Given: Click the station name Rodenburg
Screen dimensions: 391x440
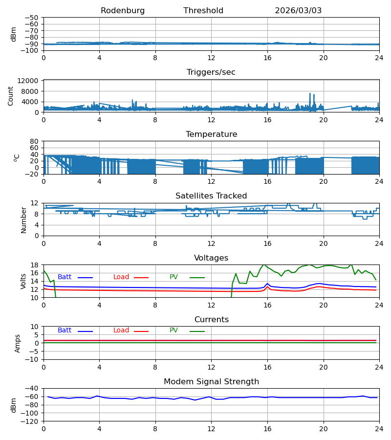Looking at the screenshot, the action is [123, 11].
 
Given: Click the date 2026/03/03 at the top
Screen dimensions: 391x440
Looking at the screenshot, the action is [298, 11].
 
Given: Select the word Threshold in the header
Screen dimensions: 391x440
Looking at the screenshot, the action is [203, 11].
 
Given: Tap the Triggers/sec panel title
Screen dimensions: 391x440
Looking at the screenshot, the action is [211, 72].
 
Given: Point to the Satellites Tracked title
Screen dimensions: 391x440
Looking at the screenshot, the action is [211, 196].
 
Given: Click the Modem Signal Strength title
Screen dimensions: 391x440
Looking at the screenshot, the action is [211, 382].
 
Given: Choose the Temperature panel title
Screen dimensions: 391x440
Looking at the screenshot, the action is [211, 134].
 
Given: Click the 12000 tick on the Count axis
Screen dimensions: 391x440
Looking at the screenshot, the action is [28, 81].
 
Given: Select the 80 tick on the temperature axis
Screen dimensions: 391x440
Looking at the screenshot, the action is [34, 141].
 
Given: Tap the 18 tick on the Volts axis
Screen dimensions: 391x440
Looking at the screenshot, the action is [34, 265].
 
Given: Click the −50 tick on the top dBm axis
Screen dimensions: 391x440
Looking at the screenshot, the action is [31, 18].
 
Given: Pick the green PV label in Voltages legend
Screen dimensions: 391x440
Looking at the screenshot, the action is [174, 277].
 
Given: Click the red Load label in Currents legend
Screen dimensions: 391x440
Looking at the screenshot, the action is [121, 330].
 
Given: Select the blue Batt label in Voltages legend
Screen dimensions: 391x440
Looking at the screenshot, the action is [65, 277].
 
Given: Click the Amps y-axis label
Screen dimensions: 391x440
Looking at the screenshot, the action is [18, 344].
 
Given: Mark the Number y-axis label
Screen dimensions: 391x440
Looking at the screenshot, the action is [23, 220].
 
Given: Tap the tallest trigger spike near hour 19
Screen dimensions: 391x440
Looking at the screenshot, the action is [310, 94].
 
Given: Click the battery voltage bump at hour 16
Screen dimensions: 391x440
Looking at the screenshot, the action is [267, 284].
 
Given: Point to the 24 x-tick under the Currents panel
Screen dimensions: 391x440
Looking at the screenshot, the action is [379, 367].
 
